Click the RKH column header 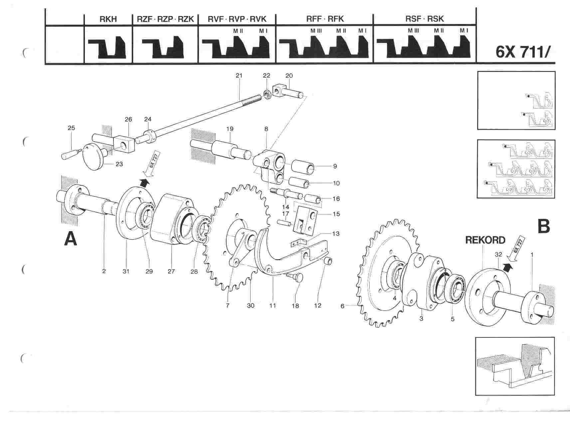click(x=108, y=19)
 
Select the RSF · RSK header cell click(x=424, y=19)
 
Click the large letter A click(x=71, y=239)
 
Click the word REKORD click(x=485, y=240)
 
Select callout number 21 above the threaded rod click(x=239, y=76)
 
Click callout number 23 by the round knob click(x=119, y=164)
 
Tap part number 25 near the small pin click(x=71, y=128)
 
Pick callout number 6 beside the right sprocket click(x=342, y=306)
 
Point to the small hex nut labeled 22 click(x=267, y=94)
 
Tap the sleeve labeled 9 click(x=303, y=167)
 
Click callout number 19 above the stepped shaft click(x=230, y=129)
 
